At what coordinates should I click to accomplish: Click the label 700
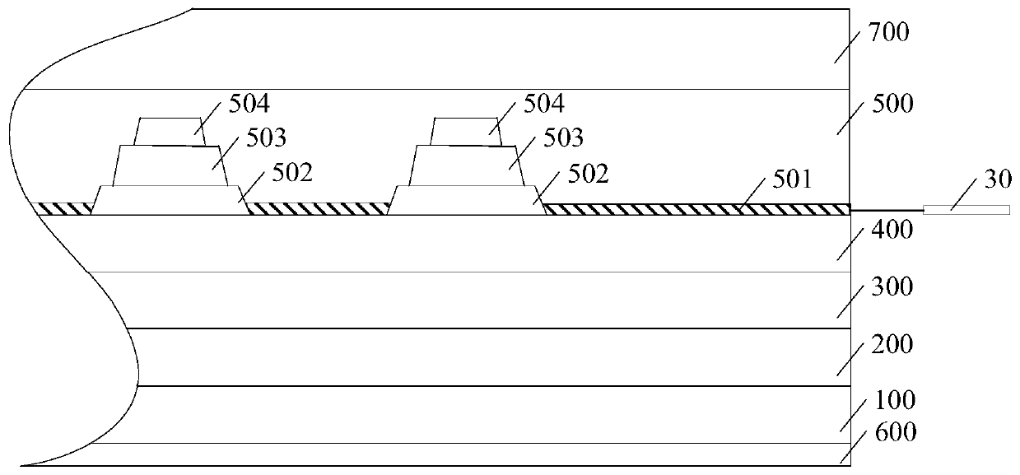[x=887, y=35]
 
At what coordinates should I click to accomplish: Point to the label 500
[x=887, y=105]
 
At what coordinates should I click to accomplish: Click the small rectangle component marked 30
[x=966, y=210]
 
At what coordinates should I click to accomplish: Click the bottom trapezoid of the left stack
[x=170, y=200]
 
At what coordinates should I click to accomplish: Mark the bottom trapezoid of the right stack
[x=466, y=200]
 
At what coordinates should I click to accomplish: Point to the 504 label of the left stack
[x=248, y=105]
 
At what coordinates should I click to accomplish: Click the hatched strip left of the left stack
[x=64, y=209]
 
